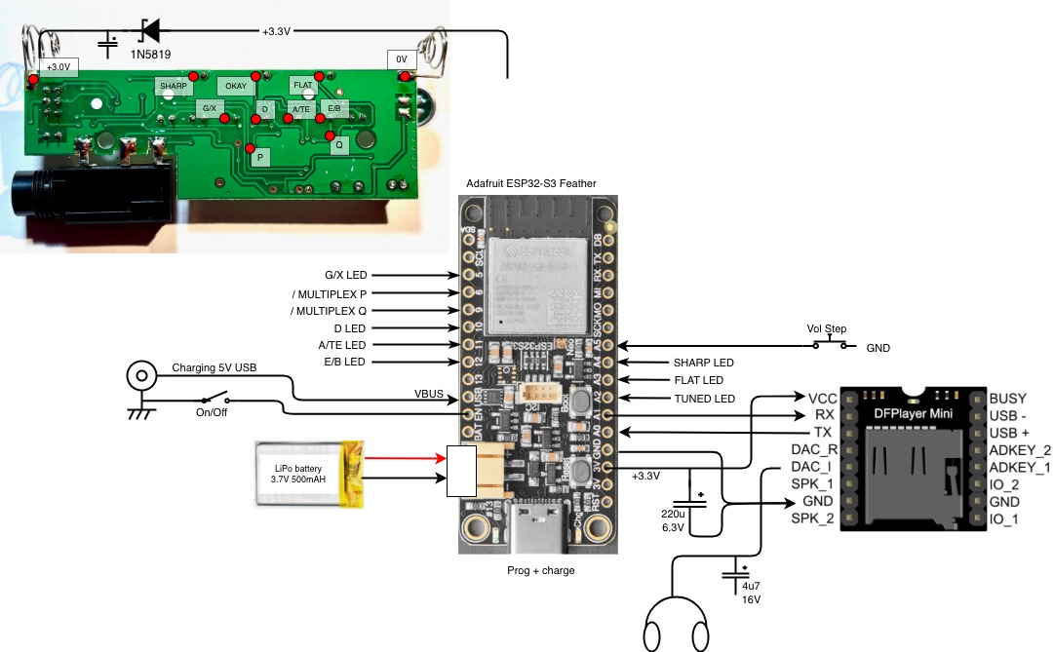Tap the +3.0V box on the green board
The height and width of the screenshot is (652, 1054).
point(59,66)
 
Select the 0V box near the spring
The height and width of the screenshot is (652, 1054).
point(402,58)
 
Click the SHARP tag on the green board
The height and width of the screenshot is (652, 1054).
point(173,86)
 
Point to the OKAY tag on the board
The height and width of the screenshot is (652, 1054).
point(236,86)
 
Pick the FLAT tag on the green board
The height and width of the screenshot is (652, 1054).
point(302,85)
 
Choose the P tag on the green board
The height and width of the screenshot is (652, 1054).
point(260,156)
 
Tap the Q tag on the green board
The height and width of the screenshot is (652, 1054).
point(339,144)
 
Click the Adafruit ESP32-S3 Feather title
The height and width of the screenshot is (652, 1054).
point(532,183)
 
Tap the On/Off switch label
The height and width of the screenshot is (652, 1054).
point(212,412)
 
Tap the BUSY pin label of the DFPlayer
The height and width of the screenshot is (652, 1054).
point(1007,399)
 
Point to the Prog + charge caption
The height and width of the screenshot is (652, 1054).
point(541,570)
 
